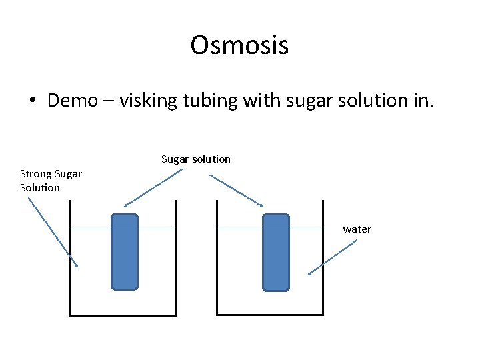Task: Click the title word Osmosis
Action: pos(239,45)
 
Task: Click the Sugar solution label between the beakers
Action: pos(196,159)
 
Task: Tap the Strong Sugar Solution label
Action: pos(51,181)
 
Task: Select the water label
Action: pos(357,229)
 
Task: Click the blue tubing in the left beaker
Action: pos(125,252)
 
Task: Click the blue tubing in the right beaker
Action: pos(276,252)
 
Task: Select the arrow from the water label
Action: pos(332,257)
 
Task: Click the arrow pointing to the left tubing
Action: pos(154,187)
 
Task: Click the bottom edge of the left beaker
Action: pos(123,315)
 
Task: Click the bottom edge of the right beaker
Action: pos(271,315)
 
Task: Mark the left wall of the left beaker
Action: pos(70,260)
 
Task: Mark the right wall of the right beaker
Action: pos(323,260)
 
